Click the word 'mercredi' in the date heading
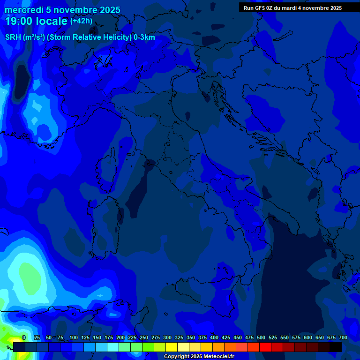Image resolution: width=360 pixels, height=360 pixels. pos(23,10)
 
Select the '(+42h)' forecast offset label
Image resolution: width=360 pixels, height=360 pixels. pos(81,21)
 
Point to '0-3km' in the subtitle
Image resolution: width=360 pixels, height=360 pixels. pos(144,37)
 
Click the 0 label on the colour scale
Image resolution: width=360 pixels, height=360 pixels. pos(24,337)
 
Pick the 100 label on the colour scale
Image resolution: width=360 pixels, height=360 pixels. pos(74,337)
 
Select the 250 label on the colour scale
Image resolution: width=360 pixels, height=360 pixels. pos(144,337)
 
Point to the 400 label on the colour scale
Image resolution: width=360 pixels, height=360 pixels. pos(214,337)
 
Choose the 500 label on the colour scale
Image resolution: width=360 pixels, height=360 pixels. pos(261,337)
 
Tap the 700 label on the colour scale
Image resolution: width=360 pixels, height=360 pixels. pos(343,337)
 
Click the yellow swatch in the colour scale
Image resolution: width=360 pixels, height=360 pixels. pos(172,347)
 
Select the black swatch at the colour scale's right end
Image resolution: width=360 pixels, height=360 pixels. pos(336,347)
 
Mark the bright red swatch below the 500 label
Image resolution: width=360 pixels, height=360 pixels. pos(265,347)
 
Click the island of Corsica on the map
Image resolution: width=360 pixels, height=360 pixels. pos(107,171)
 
